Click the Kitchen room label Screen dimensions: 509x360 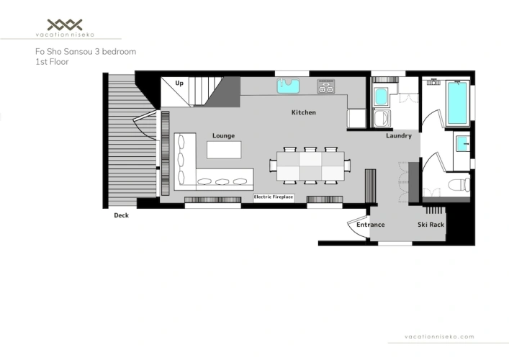point(304,112)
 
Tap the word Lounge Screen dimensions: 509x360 point(223,135)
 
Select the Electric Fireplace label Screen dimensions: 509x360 point(274,197)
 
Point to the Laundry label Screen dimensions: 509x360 point(399,135)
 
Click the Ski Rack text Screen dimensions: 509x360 point(431,225)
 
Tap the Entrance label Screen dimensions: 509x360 point(370,225)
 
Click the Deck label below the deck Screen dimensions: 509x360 point(121,215)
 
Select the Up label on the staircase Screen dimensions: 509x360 point(179,83)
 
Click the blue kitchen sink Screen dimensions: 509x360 point(288,86)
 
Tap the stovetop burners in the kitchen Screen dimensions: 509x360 point(325,86)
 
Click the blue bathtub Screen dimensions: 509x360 point(457,103)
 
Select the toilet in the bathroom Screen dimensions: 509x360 point(459,185)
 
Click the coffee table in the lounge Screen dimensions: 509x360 point(224,150)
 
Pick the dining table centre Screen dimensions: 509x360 point(310,166)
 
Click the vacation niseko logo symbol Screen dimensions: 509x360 point(65,24)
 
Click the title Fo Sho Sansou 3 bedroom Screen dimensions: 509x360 point(86,52)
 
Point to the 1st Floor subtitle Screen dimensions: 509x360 point(52,62)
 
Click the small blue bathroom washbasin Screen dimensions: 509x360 point(462,144)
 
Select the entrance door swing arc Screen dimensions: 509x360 point(354,228)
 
